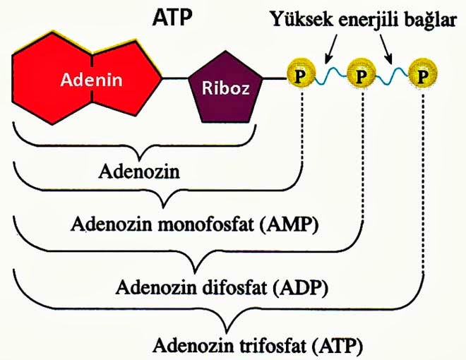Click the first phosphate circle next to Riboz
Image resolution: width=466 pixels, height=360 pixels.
(x=301, y=74)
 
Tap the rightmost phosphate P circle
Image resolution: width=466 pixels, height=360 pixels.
(x=423, y=74)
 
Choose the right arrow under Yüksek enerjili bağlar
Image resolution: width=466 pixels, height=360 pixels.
(x=386, y=48)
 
